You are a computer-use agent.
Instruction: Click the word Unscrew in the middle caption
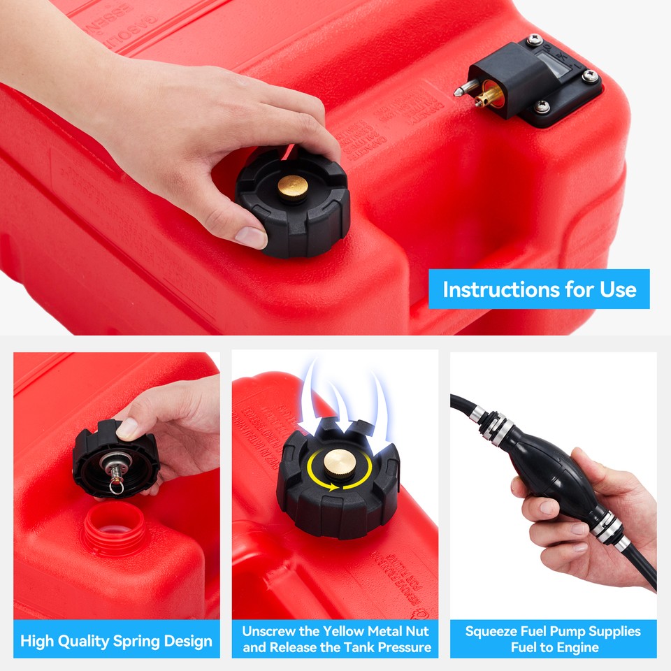pos(272,631)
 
